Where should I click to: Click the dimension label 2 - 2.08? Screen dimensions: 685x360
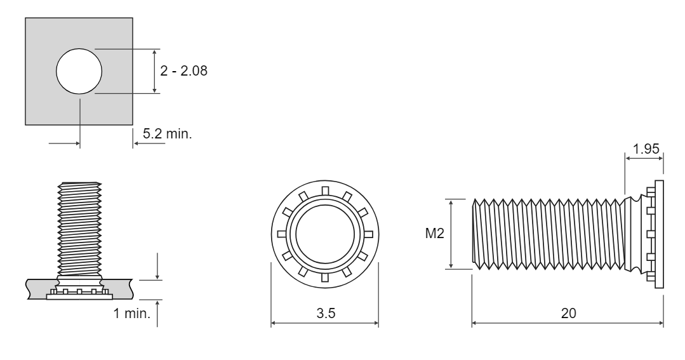(183, 70)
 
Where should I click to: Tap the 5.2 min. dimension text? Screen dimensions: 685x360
(168, 134)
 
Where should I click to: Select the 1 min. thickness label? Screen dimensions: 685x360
(132, 313)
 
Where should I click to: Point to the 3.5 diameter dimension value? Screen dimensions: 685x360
(326, 313)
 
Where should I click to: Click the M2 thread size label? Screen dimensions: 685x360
(435, 233)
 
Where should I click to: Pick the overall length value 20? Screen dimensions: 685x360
(568, 313)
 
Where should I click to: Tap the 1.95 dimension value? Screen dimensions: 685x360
(646, 149)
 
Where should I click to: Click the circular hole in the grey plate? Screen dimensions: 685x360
(79, 71)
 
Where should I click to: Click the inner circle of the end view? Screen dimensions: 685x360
(325, 234)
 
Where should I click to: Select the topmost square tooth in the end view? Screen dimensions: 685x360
(325, 190)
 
